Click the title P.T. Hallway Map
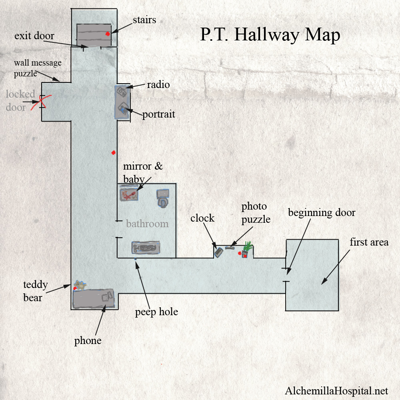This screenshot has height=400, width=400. (270, 35)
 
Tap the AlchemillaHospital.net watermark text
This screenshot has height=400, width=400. (336, 390)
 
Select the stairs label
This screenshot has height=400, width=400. (144, 20)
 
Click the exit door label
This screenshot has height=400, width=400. (34, 36)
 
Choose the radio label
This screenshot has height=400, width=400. (158, 84)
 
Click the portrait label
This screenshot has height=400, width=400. (159, 114)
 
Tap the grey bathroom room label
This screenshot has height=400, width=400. (147, 224)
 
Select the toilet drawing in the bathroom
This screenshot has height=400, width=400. (162, 198)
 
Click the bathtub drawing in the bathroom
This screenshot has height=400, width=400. (146, 248)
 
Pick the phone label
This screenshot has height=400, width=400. (88, 341)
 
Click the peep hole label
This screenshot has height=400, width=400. (157, 312)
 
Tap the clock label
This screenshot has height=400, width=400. (202, 218)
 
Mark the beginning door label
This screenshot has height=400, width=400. (322, 212)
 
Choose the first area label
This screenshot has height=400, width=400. (369, 242)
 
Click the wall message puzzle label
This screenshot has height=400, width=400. (37, 68)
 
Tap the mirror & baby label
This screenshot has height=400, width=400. (143, 172)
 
